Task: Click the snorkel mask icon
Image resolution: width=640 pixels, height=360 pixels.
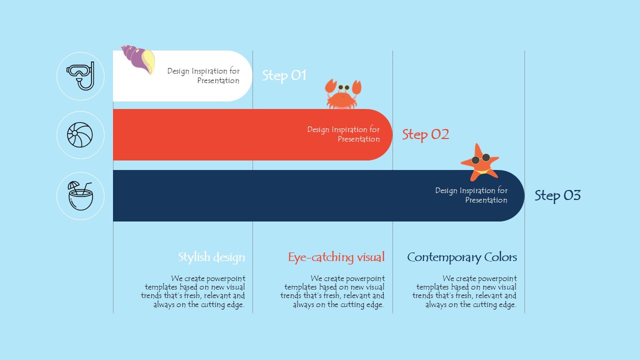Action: [x=80, y=75]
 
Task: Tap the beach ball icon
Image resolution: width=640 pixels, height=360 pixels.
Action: [x=80, y=135]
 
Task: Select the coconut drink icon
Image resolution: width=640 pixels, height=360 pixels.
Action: [x=80, y=196]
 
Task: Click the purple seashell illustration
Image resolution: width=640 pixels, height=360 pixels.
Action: [x=138, y=59]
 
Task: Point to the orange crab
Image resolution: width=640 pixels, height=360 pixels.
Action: [x=343, y=94]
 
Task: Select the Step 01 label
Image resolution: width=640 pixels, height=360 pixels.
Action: [x=284, y=75]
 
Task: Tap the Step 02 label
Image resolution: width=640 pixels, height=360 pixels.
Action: [x=425, y=134]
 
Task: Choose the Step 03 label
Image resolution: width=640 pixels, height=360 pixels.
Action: [x=557, y=195]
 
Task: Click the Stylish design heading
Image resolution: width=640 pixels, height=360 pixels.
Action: [x=211, y=257]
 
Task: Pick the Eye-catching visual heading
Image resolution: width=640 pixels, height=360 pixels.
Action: [x=336, y=257]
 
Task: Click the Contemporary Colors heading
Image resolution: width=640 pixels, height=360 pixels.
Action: [x=462, y=257]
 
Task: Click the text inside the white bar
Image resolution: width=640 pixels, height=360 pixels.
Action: [x=203, y=75]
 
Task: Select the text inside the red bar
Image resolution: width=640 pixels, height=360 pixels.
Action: [x=343, y=134]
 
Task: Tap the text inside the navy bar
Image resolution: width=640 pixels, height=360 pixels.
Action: [x=471, y=195]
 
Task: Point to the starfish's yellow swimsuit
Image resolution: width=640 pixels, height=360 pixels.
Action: [x=482, y=171]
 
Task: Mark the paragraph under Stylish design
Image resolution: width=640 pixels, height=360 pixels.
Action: [x=193, y=291]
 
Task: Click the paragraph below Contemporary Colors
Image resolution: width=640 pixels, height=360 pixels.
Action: [x=464, y=291]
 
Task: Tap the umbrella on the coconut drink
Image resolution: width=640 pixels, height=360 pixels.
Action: [x=73, y=185]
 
